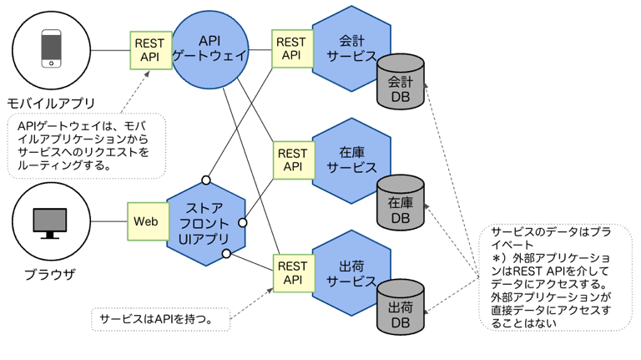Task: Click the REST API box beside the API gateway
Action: [151, 50]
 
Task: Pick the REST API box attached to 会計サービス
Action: [291, 48]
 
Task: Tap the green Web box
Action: [146, 221]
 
